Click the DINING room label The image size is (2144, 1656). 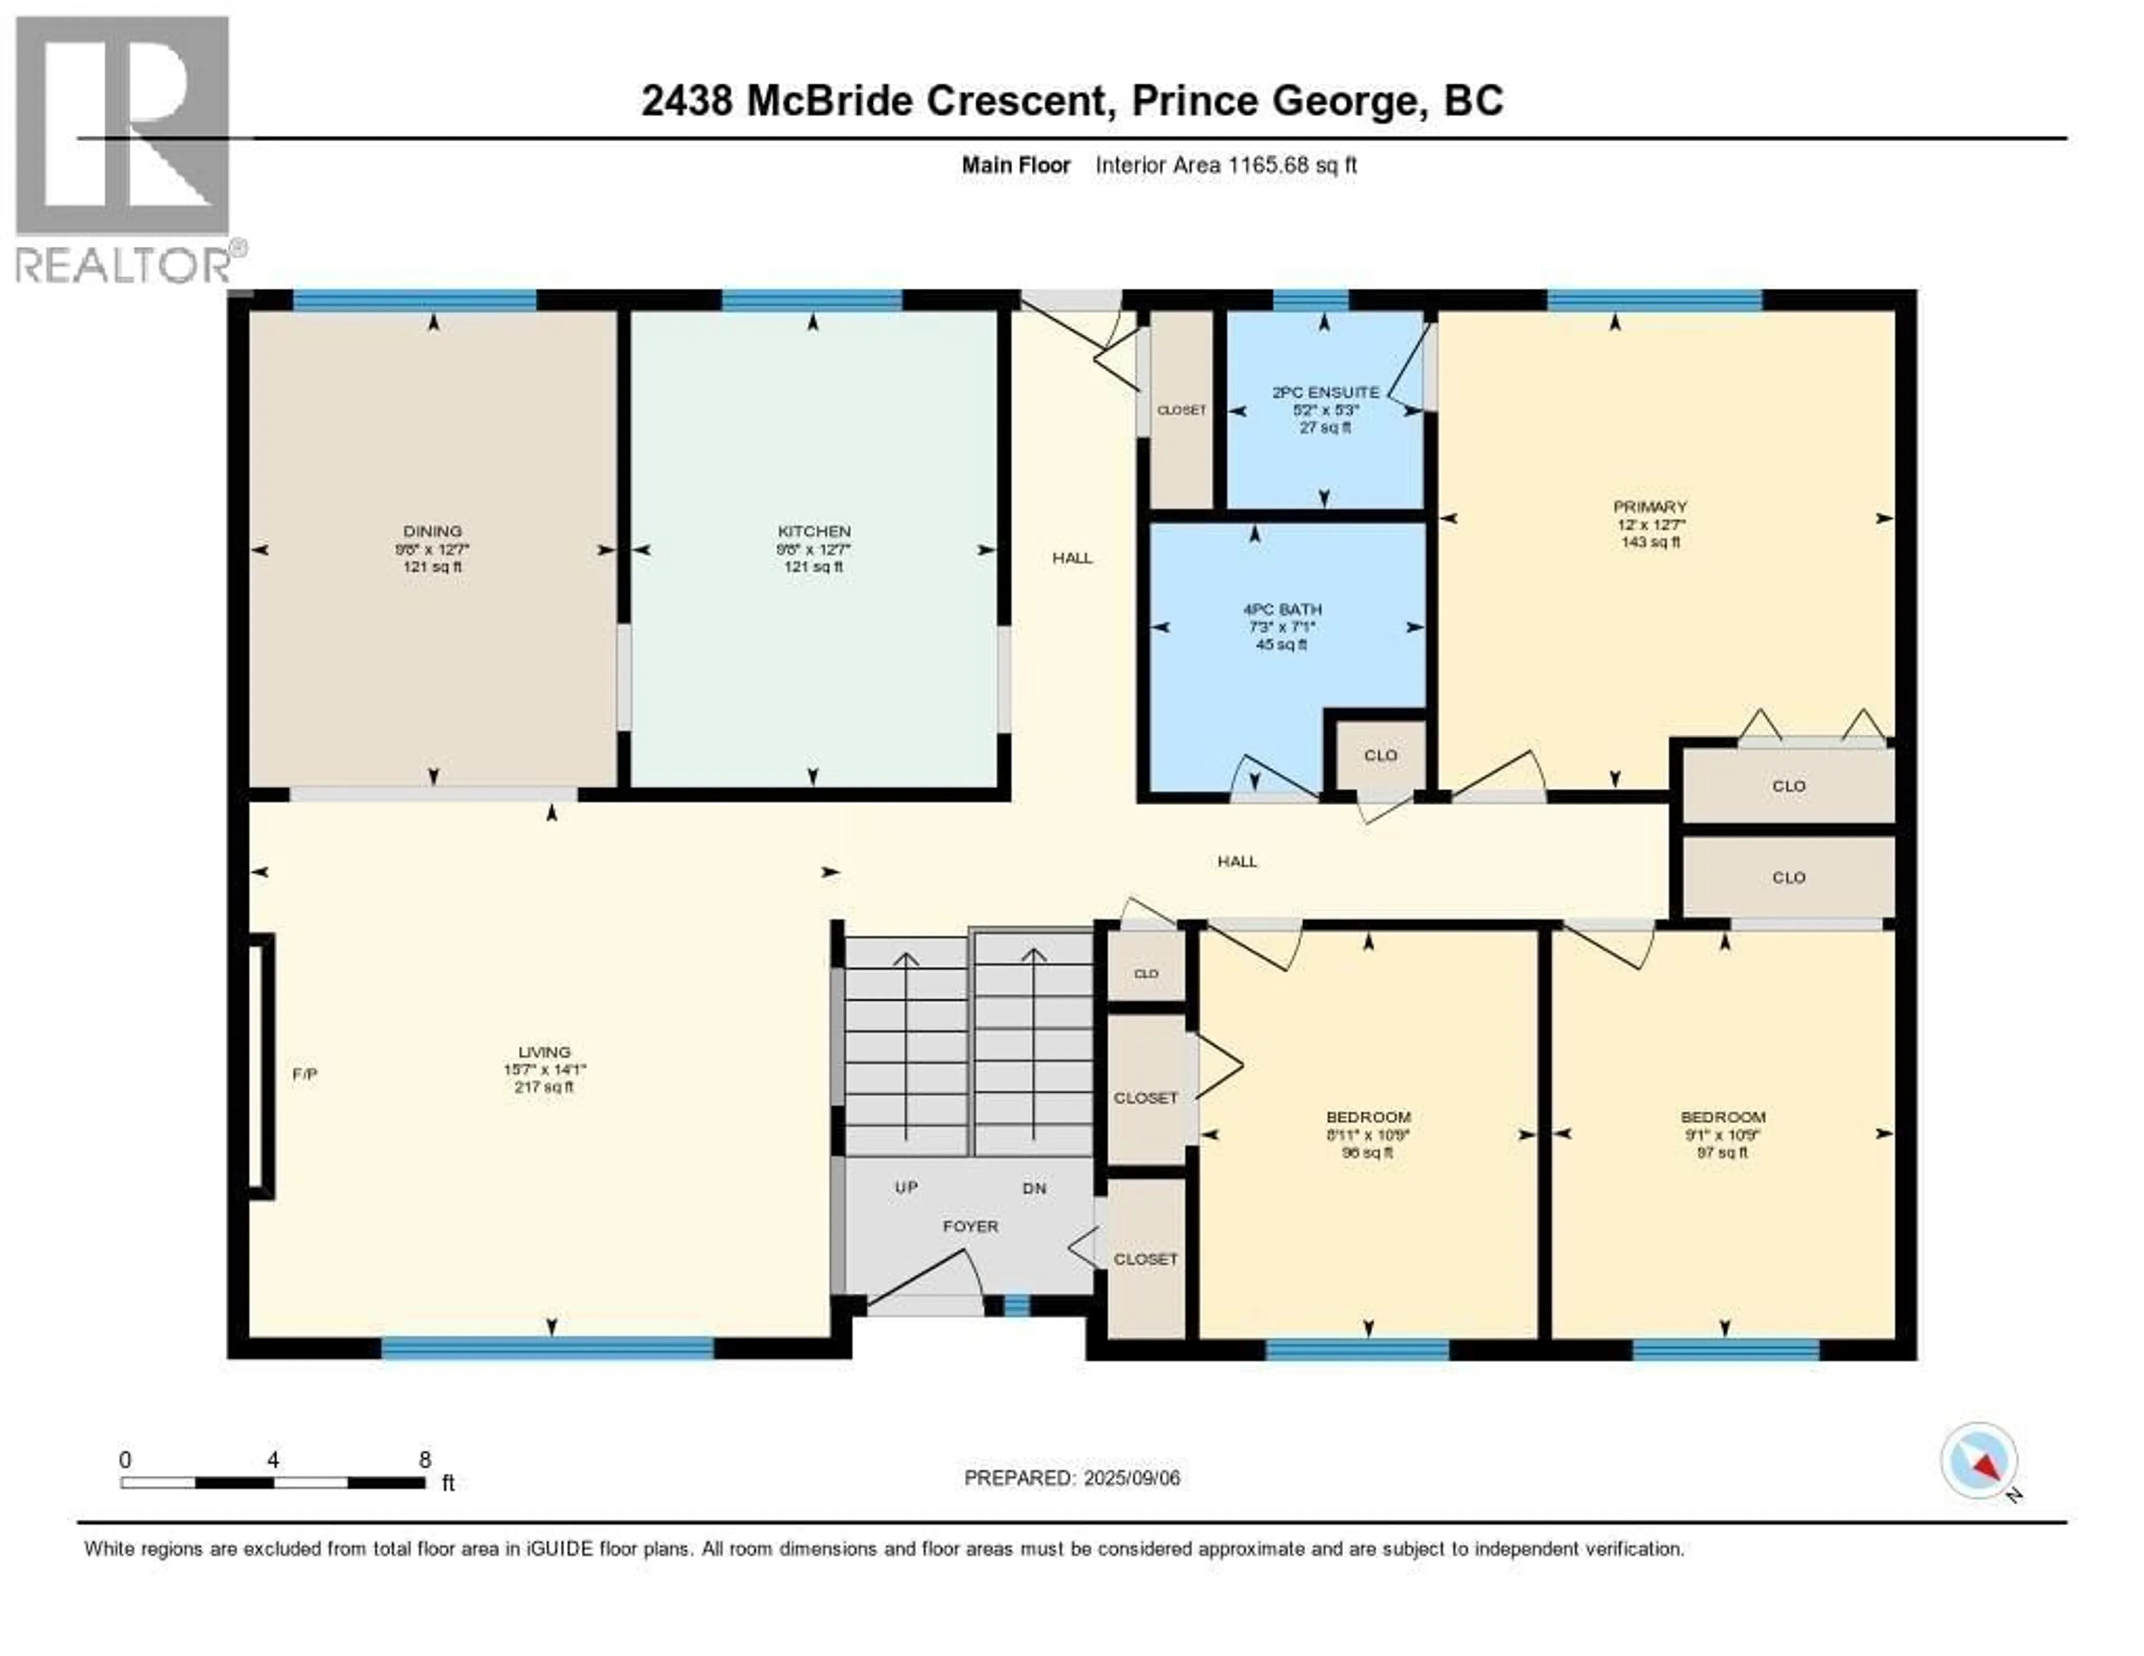point(432,531)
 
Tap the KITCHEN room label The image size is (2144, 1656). point(814,531)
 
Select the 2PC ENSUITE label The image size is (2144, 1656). point(1325,392)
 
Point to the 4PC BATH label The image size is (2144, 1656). point(1282,610)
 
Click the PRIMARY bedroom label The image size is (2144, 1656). point(1650,506)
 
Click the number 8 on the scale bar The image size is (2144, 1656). point(425,1459)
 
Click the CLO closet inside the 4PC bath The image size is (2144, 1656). point(1380,755)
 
